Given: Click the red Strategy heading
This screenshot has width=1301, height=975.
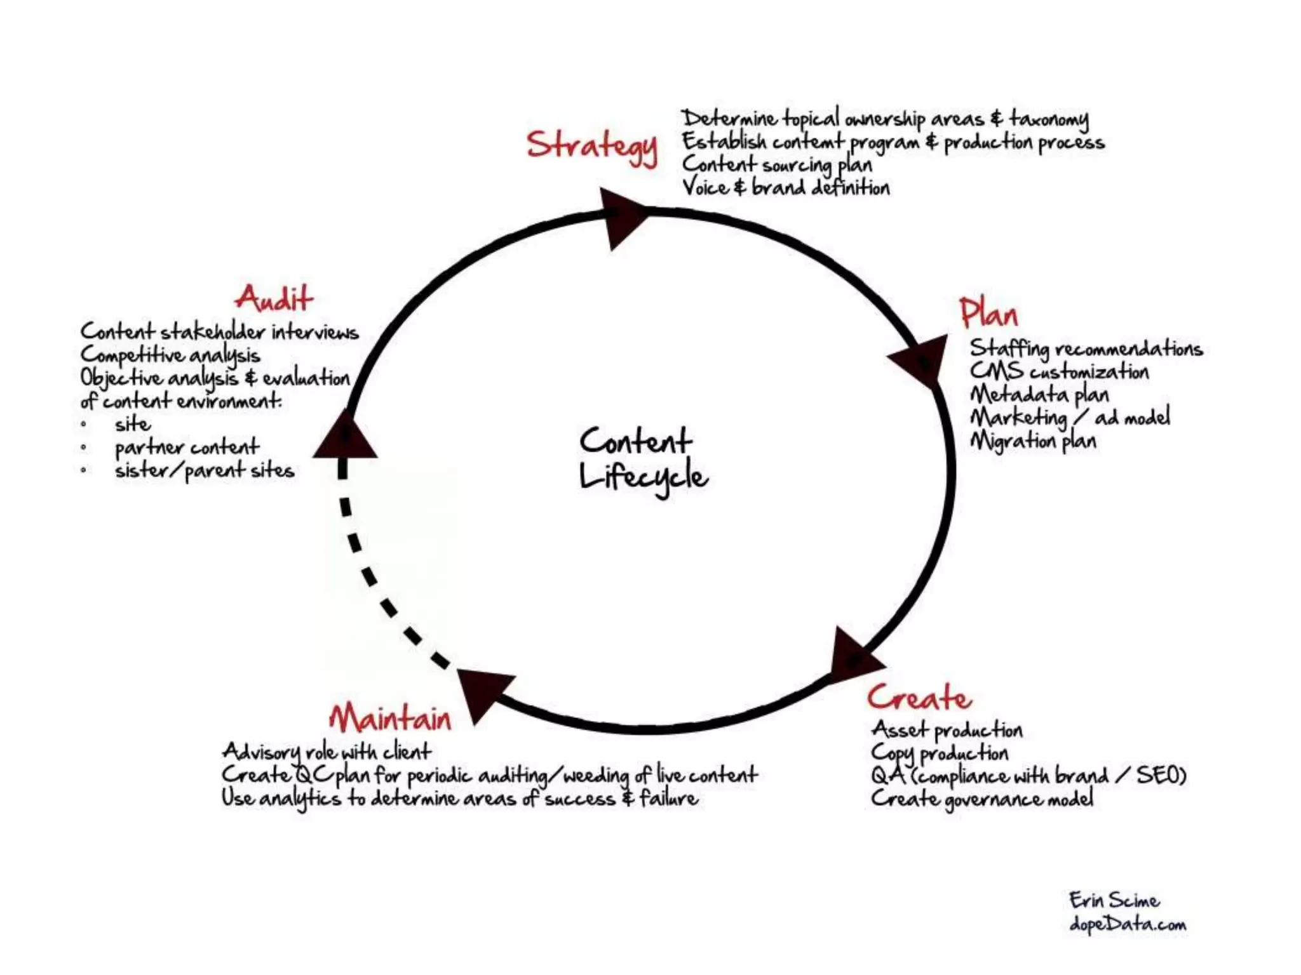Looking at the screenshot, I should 591,146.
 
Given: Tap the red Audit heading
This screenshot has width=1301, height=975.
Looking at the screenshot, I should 274,298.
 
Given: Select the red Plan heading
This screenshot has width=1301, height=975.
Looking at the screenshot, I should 988,314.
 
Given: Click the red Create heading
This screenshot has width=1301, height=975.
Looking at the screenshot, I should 919,698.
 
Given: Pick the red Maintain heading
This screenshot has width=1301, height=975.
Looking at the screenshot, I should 390,718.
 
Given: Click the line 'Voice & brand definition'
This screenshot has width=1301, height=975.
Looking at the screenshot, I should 786,188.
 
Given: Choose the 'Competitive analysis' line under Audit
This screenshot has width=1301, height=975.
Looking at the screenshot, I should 170,355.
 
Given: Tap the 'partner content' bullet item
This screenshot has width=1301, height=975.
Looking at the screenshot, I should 187,448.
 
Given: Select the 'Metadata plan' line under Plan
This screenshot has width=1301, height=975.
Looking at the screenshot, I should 1039,395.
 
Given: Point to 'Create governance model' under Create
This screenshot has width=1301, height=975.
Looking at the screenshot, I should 982,799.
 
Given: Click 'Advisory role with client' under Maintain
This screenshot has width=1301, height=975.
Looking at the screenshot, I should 327,752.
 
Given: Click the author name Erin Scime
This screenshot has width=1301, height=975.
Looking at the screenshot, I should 1114,900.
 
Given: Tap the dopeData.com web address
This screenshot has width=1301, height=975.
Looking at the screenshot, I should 1128,924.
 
